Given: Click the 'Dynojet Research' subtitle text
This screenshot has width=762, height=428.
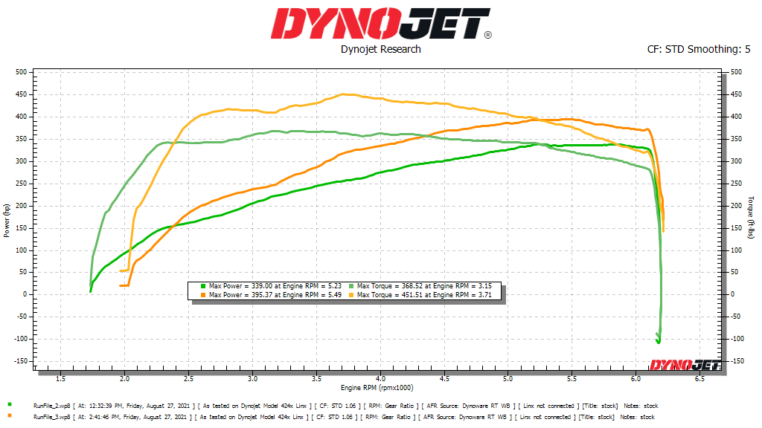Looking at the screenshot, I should [x=380, y=49].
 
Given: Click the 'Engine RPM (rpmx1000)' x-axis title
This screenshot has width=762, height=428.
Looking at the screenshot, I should [x=377, y=388].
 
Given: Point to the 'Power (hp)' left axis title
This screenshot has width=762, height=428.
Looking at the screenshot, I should [x=7, y=220].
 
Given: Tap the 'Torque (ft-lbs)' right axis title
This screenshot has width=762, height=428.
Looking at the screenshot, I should [x=751, y=218].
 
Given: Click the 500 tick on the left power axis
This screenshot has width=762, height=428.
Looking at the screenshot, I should [x=20, y=72].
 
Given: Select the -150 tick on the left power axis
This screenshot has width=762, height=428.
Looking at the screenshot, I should [x=19, y=361].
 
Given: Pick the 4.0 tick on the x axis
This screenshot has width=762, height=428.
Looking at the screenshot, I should [x=380, y=379].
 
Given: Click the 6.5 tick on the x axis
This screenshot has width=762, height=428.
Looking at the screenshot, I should [x=699, y=379].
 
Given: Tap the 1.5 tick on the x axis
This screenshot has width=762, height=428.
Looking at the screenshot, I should [x=61, y=379].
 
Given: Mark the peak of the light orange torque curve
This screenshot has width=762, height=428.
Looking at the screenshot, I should [x=344, y=94].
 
